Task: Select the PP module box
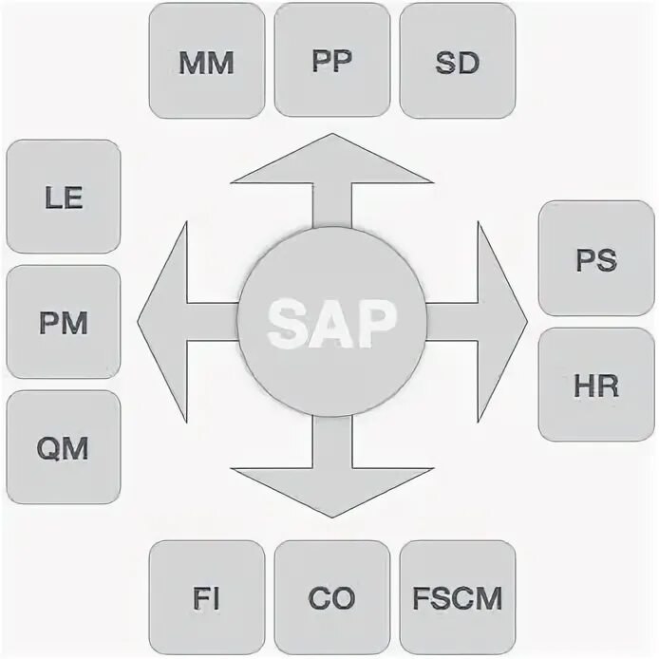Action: pos(331,61)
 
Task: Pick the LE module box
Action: pos(64,197)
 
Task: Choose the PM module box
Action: pos(64,322)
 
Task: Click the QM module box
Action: pos(64,447)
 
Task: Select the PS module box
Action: pos(595,258)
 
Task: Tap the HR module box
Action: pos(595,385)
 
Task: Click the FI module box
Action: pos(206,598)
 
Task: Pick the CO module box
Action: pos(331,598)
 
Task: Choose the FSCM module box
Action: pos(458,598)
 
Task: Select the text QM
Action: pos(64,448)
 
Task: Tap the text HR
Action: pos(595,386)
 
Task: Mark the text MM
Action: pos(206,63)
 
